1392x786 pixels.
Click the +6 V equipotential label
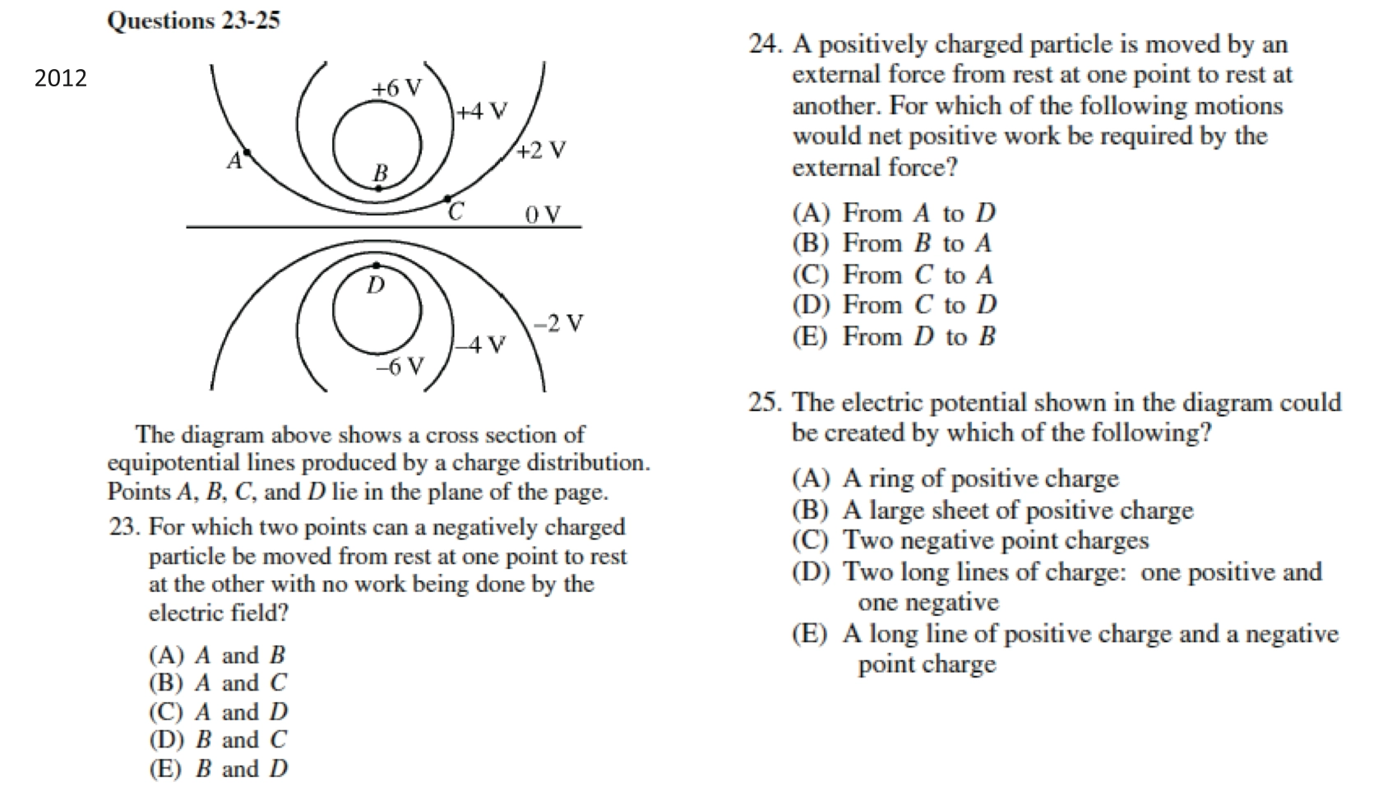click(396, 88)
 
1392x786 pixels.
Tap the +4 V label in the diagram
click(482, 111)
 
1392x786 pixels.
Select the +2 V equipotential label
click(542, 150)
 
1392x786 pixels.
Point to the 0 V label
click(543, 215)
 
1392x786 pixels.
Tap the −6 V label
click(400, 366)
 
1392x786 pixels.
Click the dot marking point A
click(247, 153)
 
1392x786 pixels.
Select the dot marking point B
click(378, 188)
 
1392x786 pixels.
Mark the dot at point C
click(447, 199)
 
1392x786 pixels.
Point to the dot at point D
click(376, 266)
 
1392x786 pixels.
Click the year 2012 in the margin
click(60, 78)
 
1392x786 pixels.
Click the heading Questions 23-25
click(193, 20)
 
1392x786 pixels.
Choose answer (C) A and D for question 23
click(219, 711)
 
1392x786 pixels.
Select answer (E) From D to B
click(894, 336)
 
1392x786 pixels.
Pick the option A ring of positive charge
click(955, 479)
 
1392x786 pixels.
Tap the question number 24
click(764, 44)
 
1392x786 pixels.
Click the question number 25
click(764, 403)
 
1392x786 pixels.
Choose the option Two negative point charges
click(970, 540)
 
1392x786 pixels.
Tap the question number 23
click(125, 527)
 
